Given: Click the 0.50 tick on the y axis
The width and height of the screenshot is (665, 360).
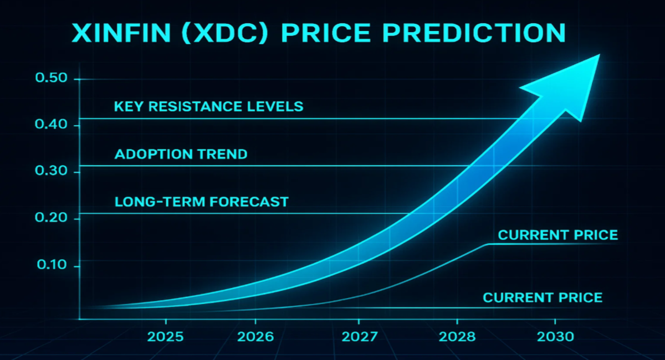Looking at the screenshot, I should point(51,78).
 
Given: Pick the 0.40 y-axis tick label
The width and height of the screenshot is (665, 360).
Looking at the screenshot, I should point(51,125).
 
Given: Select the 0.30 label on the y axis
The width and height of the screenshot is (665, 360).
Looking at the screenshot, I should point(51,172).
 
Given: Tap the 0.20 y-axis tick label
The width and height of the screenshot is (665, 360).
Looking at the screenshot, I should point(51,218).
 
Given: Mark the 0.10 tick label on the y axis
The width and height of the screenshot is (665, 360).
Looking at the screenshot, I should point(51,266).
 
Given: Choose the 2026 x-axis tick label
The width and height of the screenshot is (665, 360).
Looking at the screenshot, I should point(255,337).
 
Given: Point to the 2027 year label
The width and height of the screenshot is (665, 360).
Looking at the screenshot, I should point(359,337).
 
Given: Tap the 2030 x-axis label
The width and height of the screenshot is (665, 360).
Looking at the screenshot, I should point(555,337).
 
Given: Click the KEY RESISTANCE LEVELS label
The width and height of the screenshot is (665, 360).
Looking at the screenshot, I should point(209,106).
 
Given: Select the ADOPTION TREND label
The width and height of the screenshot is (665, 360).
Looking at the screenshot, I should point(181,154).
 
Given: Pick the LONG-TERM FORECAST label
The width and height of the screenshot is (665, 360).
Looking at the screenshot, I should point(202,202).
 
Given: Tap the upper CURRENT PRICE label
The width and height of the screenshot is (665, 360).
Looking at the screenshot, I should point(557,235).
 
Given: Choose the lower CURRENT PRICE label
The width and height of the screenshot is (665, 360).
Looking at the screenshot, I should point(543,297).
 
